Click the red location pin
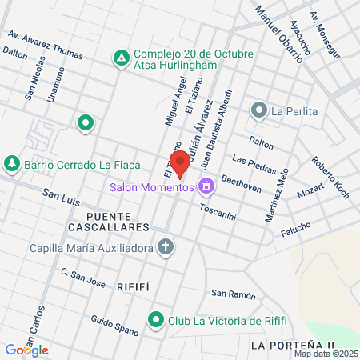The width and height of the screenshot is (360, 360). pos(181,162)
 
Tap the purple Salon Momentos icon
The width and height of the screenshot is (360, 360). pos(207,186)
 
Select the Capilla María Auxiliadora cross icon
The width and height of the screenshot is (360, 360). pos(165,247)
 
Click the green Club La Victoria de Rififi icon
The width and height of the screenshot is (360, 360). pos(156,322)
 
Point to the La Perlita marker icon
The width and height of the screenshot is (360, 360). pos(258,110)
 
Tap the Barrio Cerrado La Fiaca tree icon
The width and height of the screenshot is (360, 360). pos(11,165)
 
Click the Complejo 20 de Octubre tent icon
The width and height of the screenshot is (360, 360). pos(121,58)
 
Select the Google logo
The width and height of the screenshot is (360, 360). pos(26,350)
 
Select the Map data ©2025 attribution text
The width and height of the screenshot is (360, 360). pos(325,353)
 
